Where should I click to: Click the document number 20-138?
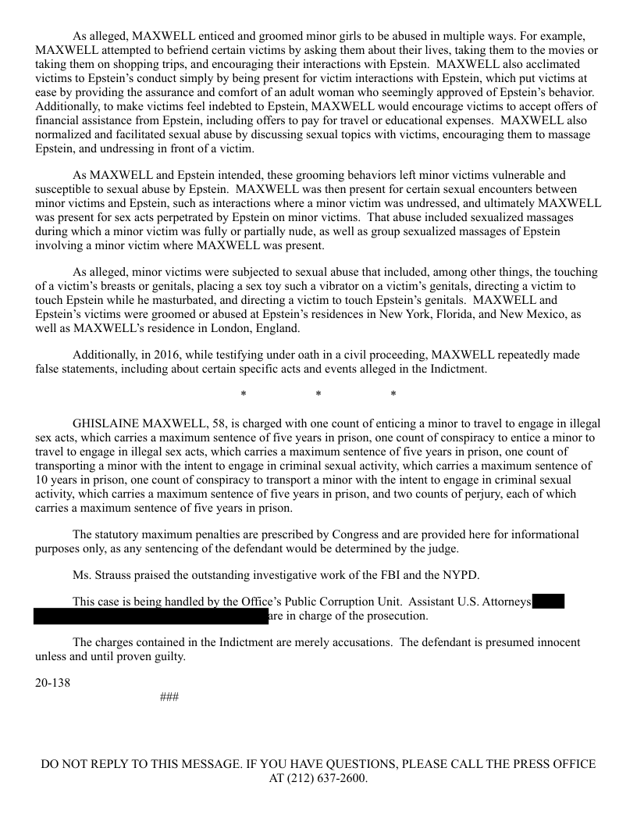(52, 683)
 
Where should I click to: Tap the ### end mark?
(169, 696)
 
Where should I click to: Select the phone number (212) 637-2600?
(328, 779)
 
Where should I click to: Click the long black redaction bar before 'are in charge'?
(151, 616)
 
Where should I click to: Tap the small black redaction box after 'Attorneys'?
(549, 602)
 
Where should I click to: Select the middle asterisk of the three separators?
(318, 395)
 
